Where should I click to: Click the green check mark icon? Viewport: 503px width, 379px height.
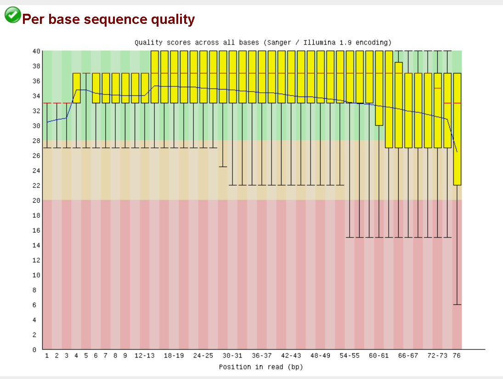(x=12, y=15)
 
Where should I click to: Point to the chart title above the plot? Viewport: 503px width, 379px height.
(x=263, y=43)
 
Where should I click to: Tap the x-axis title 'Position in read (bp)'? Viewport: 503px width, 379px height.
(x=260, y=367)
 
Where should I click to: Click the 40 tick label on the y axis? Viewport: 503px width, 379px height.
(x=36, y=51)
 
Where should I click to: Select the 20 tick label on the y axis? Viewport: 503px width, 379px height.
(x=36, y=200)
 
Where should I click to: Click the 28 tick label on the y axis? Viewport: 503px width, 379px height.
(x=36, y=141)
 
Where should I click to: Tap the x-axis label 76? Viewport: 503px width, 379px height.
(x=457, y=356)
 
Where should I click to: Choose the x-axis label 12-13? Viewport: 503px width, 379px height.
(x=145, y=356)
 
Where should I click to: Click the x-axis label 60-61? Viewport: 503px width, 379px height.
(x=379, y=356)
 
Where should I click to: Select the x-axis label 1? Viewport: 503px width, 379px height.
(x=47, y=356)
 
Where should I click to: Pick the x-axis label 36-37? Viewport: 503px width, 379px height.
(x=262, y=356)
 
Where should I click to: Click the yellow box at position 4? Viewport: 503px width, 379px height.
(x=76, y=88)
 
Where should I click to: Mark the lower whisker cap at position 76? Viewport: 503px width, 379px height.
(x=457, y=305)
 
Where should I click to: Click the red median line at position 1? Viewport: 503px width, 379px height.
(x=47, y=103)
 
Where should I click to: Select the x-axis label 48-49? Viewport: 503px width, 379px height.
(x=320, y=356)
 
